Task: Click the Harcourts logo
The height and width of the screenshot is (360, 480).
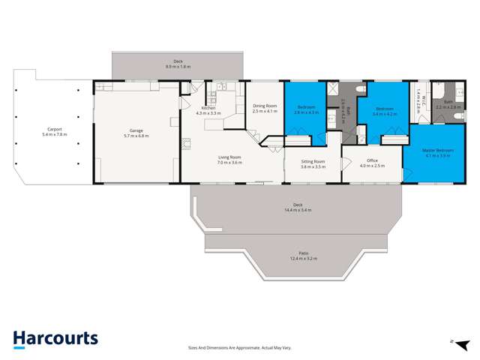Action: (x=55, y=339)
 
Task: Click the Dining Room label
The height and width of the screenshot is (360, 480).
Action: (x=265, y=106)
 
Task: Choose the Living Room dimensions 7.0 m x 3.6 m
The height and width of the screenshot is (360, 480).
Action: (x=229, y=162)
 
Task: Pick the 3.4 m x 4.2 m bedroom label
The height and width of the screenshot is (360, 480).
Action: (x=384, y=113)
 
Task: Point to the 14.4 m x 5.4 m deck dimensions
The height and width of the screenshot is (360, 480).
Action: (x=297, y=211)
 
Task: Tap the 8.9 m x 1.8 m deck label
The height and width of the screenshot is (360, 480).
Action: (x=178, y=67)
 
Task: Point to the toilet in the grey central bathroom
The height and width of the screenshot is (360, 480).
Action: (x=360, y=89)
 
